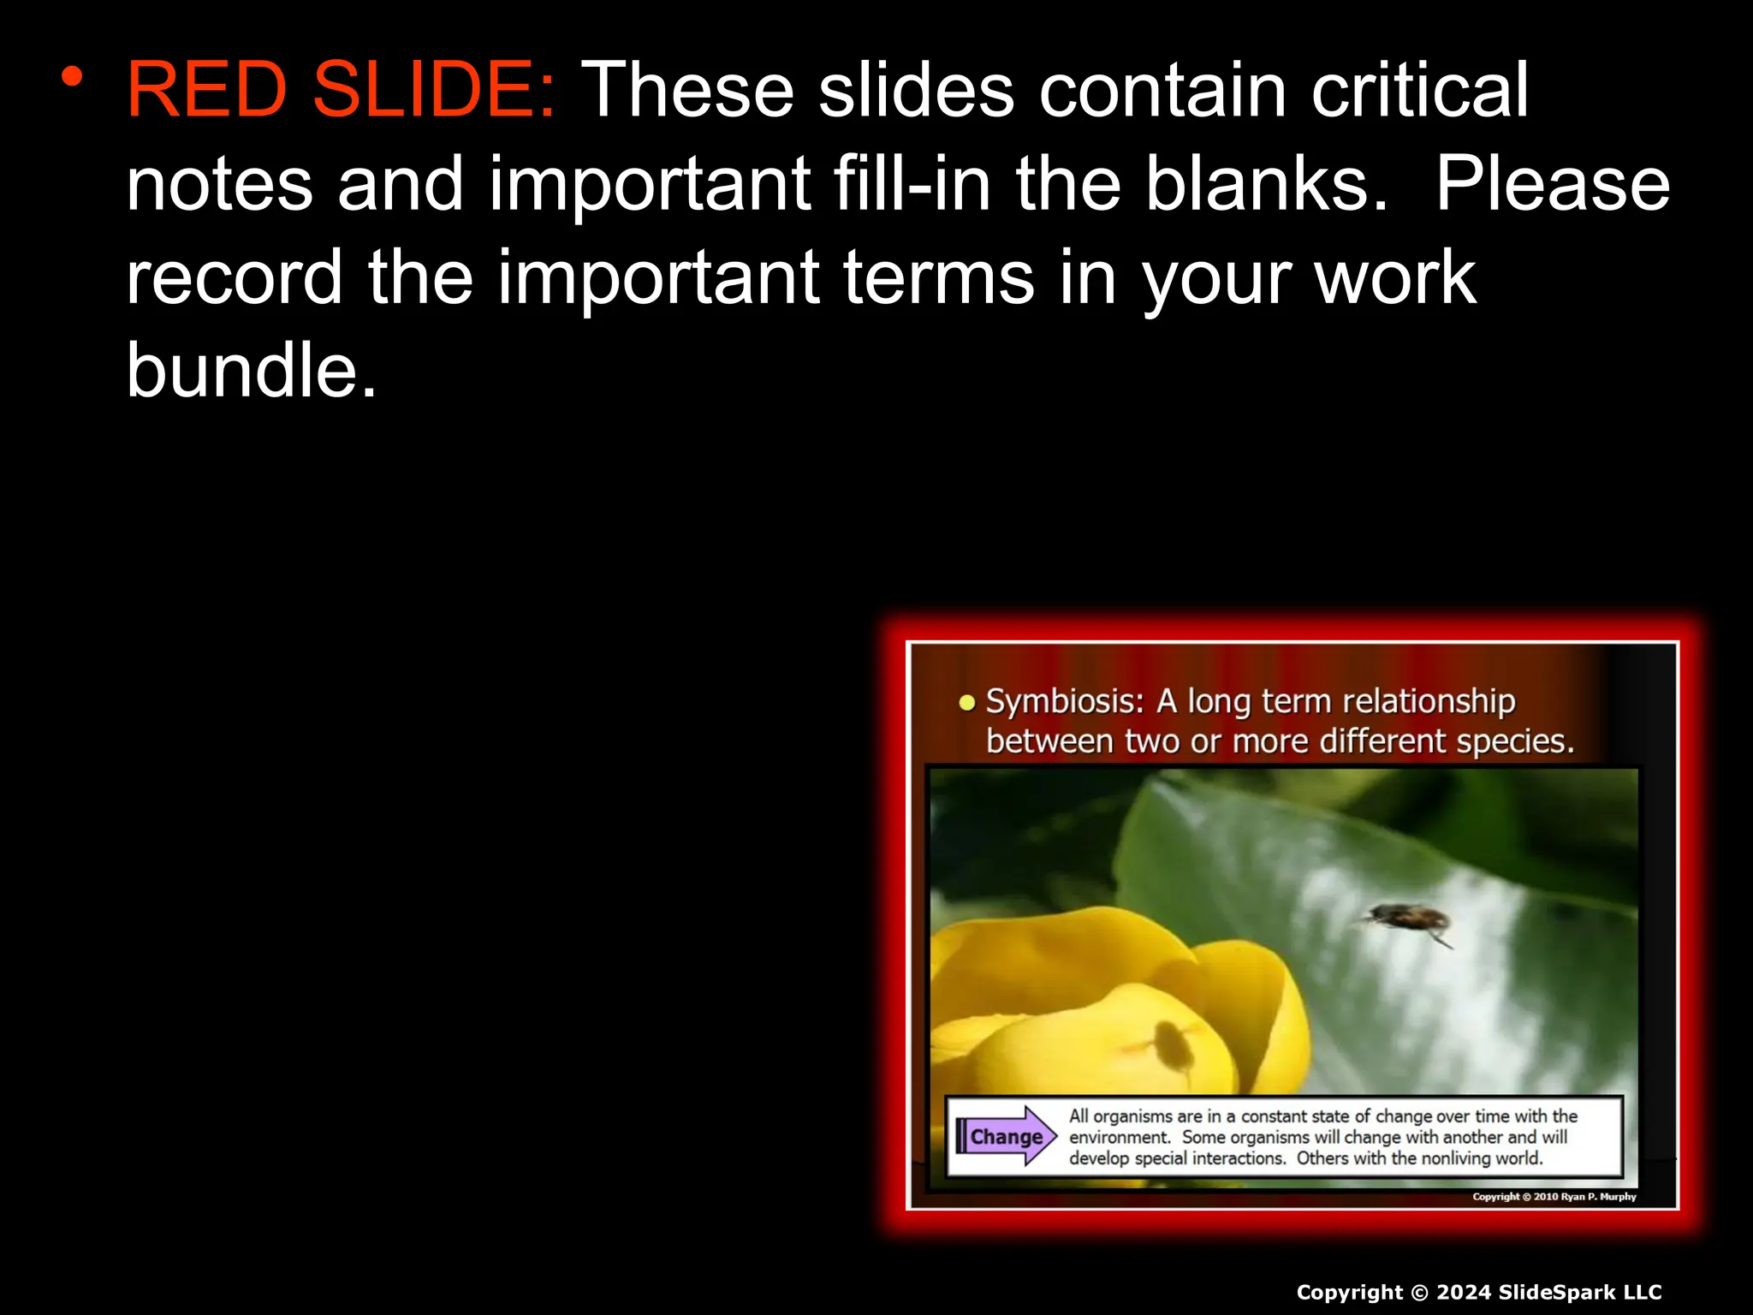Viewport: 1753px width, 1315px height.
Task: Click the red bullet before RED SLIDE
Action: pos(72,77)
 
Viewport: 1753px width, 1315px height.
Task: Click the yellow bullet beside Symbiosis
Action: pos(967,704)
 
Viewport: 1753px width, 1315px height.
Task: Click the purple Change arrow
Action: pos(1007,1137)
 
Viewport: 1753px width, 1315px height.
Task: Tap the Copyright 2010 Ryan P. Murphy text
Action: pos(1554,1197)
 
